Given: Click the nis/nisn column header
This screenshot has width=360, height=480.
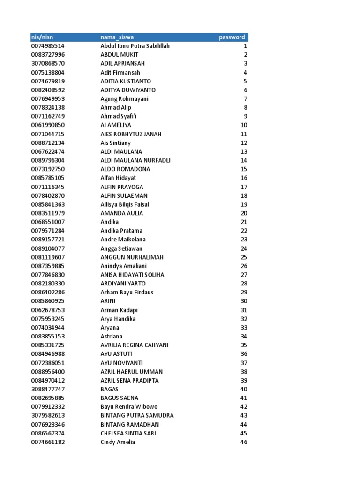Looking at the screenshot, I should coord(42,37).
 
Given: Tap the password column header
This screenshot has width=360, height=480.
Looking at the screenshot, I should coord(232,37).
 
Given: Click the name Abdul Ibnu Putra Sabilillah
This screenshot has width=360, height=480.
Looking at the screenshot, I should coord(135,46).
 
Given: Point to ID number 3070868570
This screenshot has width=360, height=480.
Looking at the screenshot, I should coord(48,63).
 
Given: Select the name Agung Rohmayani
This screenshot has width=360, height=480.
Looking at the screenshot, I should coord(124,98).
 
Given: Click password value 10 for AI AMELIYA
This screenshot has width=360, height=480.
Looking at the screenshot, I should coord(243,125).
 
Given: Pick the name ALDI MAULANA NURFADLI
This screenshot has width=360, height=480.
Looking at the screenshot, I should coord(135,160).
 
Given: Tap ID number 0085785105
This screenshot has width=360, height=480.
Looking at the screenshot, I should coord(48,178).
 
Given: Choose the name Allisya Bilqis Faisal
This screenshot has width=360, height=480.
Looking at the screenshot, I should coord(125,204).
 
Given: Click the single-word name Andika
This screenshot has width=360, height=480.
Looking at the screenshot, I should coord(110,222).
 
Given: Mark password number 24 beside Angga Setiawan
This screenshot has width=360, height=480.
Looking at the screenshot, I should coord(243,248).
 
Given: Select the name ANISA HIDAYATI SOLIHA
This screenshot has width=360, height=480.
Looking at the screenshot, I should coord(132,275).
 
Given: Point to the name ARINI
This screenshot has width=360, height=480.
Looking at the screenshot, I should coord(108,301).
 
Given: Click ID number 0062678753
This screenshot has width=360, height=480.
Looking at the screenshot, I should coord(48,310).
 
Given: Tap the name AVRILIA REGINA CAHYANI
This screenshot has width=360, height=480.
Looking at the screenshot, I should coord(135,345).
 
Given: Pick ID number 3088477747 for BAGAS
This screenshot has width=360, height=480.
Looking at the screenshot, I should coord(48,389).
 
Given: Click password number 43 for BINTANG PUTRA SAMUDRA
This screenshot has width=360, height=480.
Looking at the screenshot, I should coord(243,415).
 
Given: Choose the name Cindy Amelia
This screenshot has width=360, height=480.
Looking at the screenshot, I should coord(118,442).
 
